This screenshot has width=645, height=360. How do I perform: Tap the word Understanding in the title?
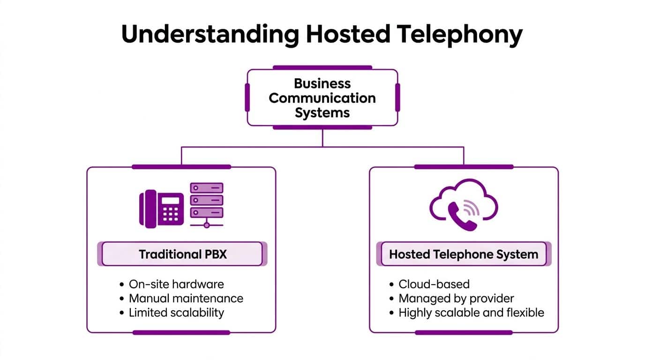pyautogui.click(x=210, y=34)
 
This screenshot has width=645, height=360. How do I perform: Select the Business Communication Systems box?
pyautogui.click(x=322, y=98)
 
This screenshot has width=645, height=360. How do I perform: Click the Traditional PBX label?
pyautogui.click(x=182, y=255)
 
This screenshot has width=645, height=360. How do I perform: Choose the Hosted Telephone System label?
pyautogui.click(x=464, y=255)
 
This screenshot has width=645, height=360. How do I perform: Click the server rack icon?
pyautogui.click(x=206, y=204)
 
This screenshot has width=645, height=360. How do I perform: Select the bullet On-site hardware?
pyautogui.click(x=176, y=284)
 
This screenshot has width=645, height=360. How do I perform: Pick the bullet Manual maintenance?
pyautogui.click(x=186, y=299)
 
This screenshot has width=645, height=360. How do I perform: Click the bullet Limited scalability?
pyautogui.click(x=176, y=313)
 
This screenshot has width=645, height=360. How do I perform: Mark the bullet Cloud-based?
pyautogui.click(x=434, y=284)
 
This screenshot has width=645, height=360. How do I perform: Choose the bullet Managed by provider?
pyautogui.click(x=456, y=299)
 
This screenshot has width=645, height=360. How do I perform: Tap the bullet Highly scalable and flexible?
pyautogui.click(x=471, y=313)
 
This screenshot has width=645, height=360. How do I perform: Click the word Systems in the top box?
pyautogui.click(x=322, y=113)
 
